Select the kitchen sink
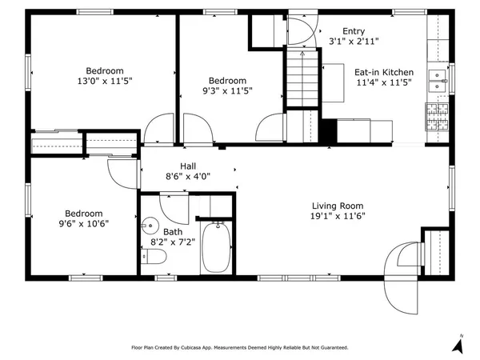coord(438,79)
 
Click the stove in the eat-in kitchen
coord(438,117)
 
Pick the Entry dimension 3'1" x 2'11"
coord(354,42)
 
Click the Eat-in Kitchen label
coord(383,72)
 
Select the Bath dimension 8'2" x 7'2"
coord(174,242)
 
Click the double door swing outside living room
coord(404,272)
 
